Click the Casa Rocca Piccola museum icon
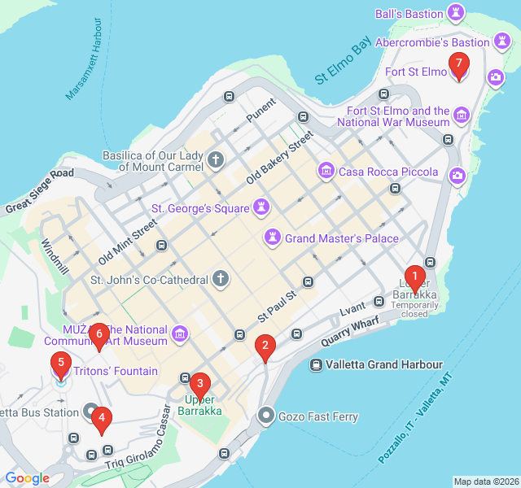pos(326,171)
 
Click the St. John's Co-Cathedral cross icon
pos(221,280)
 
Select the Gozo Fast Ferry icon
pos(266,416)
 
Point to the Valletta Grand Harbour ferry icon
pos(314,365)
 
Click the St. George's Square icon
pos(261,208)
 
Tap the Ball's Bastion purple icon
pos(456,14)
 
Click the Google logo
pos(27,478)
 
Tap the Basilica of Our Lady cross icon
pos(216,159)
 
